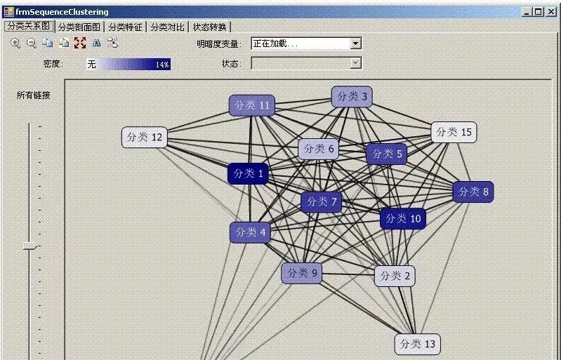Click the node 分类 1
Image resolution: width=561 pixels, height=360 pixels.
(248, 173)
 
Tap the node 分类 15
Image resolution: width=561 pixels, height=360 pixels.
(454, 131)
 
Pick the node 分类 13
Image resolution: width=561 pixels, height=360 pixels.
(417, 344)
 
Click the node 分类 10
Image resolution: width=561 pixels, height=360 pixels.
(403, 218)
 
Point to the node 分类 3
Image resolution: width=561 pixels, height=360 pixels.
(352, 96)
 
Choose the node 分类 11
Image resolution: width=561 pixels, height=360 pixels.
(251, 105)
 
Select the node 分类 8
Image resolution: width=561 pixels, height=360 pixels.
(473, 192)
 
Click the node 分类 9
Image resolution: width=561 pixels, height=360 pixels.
(301, 273)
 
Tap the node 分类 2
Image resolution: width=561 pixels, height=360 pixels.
(395, 276)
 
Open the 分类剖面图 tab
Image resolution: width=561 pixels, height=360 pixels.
(80, 27)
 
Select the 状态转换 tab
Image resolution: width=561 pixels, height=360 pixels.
(210, 27)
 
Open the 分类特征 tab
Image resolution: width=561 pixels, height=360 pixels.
(125, 27)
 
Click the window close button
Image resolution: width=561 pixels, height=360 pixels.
(551, 12)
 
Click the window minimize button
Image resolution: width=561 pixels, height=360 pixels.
(527, 12)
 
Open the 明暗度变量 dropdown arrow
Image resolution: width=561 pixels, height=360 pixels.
(355, 44)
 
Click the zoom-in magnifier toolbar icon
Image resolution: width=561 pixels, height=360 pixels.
(15, 43)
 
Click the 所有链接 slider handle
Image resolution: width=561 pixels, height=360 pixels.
(29, 246)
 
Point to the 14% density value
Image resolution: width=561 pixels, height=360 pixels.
(162, 64)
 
